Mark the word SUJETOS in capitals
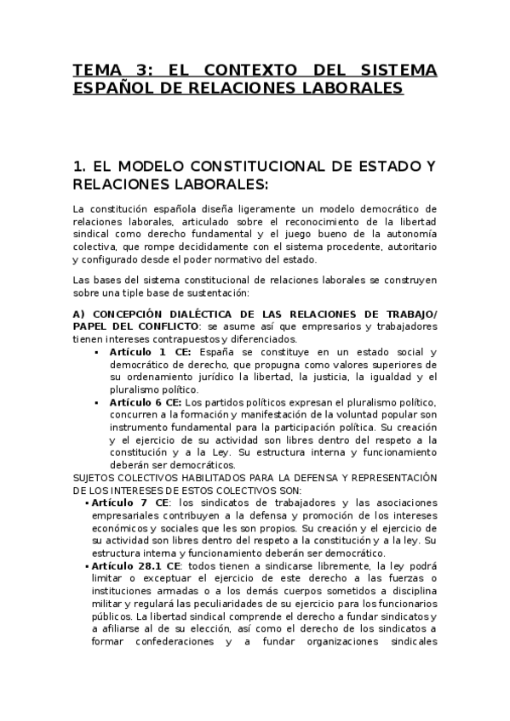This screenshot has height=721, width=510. point(95,478)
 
